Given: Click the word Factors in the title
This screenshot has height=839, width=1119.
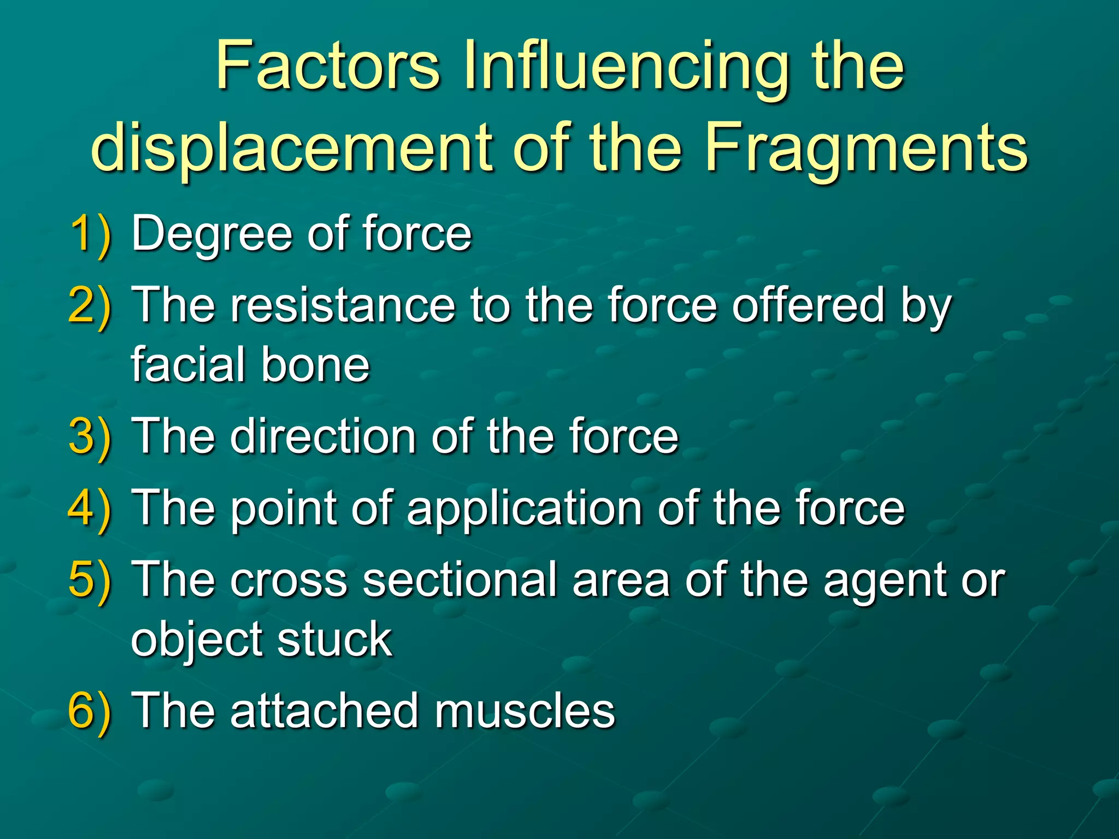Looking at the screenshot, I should tap(328, 67).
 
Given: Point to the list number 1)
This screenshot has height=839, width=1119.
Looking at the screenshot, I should tap(91, 234).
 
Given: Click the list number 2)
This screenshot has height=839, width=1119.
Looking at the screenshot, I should tap(91, 306).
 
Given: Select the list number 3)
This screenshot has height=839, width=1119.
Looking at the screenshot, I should tap(91, 437).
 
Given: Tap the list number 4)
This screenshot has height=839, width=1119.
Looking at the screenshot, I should tap(91, 509).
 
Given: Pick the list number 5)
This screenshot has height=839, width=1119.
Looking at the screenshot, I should tap(91, 580).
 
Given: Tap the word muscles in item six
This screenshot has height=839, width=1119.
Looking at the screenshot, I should tap(525, 710).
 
